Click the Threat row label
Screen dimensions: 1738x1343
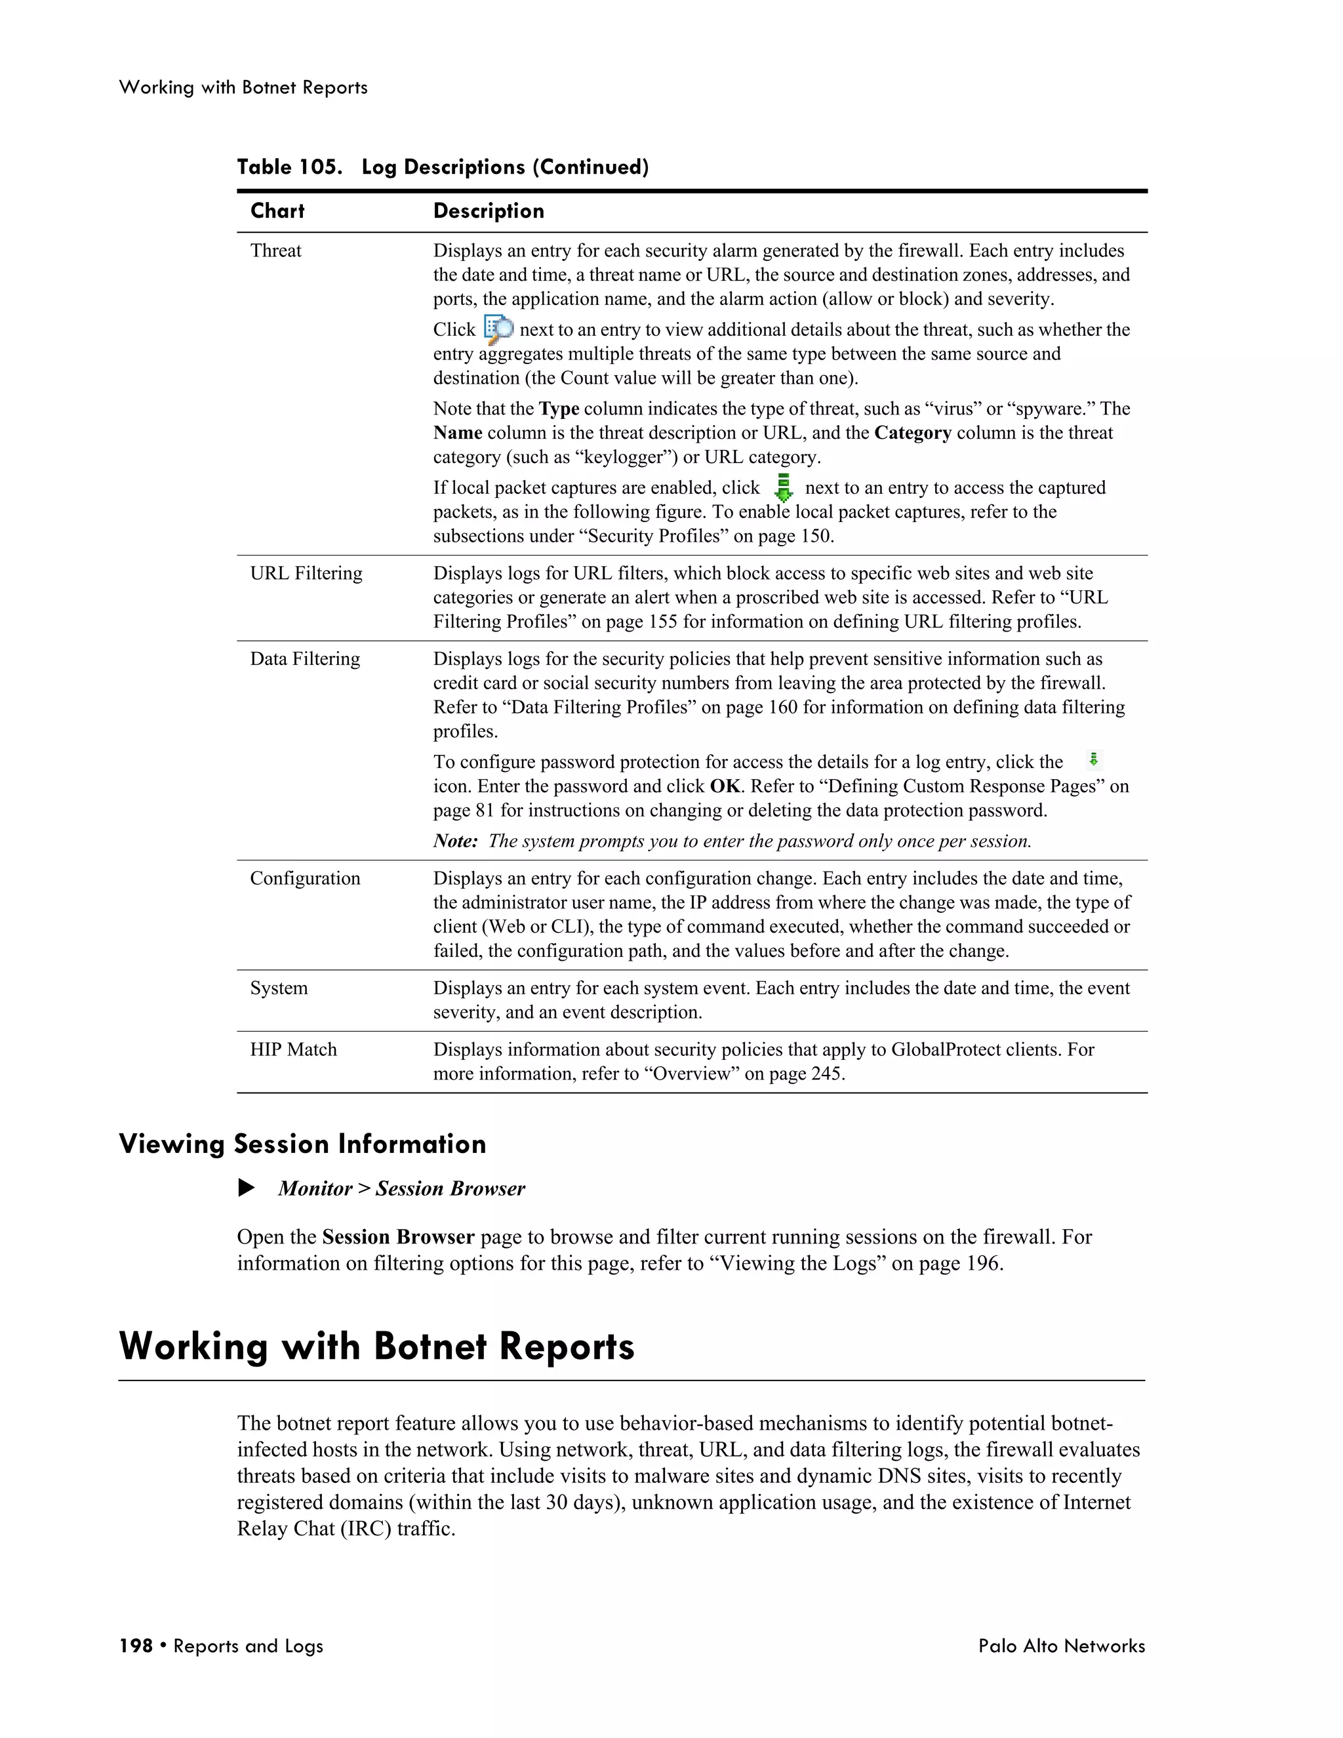pos(275,251)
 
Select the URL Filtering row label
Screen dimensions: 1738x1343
pos(306,573)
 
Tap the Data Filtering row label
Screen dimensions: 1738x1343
pos(305,659)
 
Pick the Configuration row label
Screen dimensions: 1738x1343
pos(305,879)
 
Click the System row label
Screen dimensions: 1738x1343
pos(279,988)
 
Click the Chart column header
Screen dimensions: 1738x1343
pos(277,211)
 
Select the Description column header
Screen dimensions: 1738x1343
pos(489,211)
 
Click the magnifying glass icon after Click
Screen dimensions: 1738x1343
pos(498,329)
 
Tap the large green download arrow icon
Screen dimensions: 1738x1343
pos(783,487)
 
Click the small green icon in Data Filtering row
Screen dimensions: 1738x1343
pos(1094,759)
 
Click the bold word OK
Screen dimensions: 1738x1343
pos(725,786)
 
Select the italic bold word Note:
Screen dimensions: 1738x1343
pos(455,841)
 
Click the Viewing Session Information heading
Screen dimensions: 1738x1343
pos(302,1144)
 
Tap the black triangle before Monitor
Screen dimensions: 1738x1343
pos(247,1188)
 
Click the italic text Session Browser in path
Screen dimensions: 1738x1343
pos(451,1189)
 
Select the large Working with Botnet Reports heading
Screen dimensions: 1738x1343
pos(376,1346)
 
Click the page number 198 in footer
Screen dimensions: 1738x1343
pos(135,1646)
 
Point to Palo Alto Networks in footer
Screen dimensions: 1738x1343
pos(1062,1646)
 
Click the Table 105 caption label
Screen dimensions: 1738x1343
pos(290,167)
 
